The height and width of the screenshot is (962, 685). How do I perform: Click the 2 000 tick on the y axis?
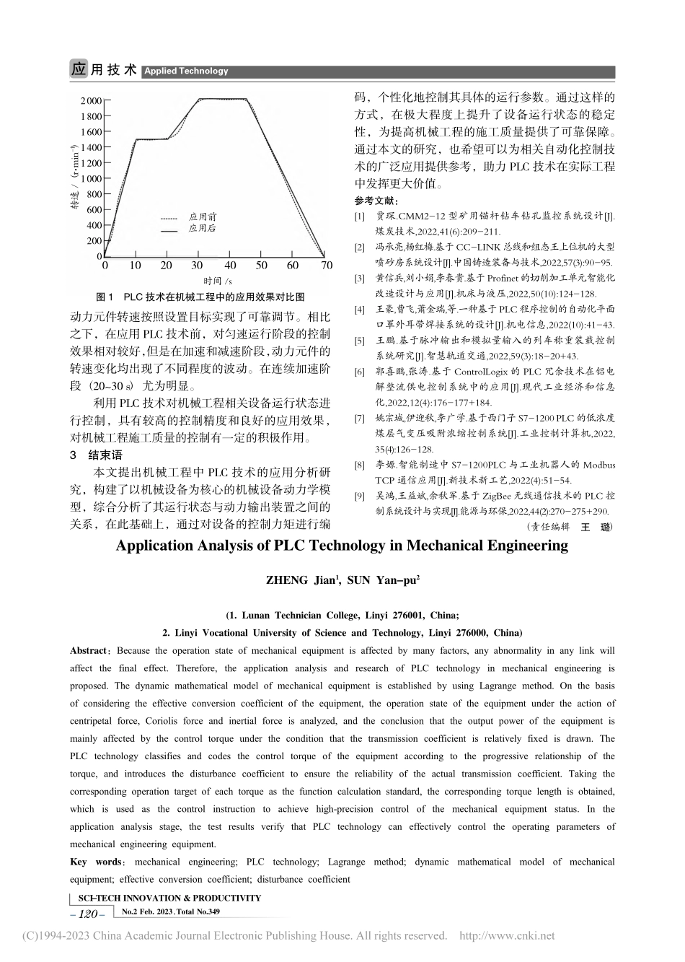point(91,101)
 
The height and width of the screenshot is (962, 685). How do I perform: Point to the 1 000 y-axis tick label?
point(91,179)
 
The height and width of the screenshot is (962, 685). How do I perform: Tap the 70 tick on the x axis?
point(327,266)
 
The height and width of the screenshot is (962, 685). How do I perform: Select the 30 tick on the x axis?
point(197,266)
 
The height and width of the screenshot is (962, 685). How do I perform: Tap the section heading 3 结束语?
point(95,455)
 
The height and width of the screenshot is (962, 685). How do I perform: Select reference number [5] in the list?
point(359,339)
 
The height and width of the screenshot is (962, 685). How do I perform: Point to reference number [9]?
point(359,497)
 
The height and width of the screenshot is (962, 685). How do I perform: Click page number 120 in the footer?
point(87,914)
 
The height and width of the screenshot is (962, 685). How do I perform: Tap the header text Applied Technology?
point(186,71)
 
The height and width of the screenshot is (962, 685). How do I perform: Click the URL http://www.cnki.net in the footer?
point(507,936)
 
